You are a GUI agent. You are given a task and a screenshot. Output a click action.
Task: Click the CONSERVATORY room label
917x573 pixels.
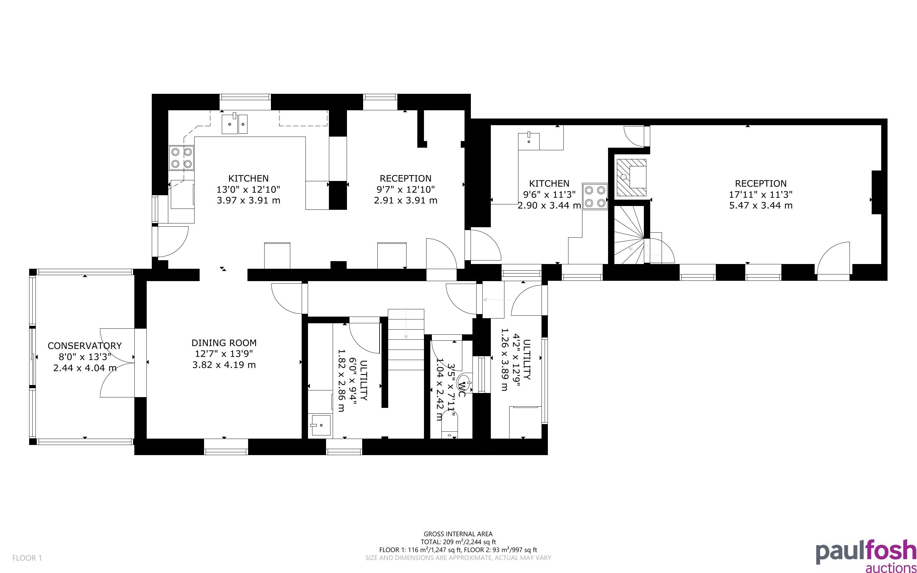[x=85, y=346]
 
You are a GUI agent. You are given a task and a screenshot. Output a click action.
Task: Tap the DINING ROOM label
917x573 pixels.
[x=224, y=343]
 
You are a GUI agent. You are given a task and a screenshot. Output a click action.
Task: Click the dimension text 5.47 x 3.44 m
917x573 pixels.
[x=760, y=205]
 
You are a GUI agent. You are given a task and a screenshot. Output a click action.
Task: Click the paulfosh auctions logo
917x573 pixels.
[x=866, y=556]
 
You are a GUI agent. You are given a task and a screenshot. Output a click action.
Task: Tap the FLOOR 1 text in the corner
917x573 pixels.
[x=27, y=558]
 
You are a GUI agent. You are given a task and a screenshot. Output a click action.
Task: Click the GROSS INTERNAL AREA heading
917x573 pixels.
[x=458, y=534]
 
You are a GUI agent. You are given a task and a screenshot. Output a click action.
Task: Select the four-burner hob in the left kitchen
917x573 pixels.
[x=181, y=158]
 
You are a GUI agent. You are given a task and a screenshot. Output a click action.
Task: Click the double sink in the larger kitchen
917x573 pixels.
[x=234, y=123]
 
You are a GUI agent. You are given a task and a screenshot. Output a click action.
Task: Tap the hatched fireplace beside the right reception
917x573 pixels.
[x=632, y=178]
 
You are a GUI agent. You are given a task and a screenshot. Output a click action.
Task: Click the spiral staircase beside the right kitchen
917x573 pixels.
[x=629, y=235]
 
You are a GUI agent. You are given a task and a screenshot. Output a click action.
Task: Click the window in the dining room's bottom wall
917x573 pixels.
[x=226, y=447]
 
